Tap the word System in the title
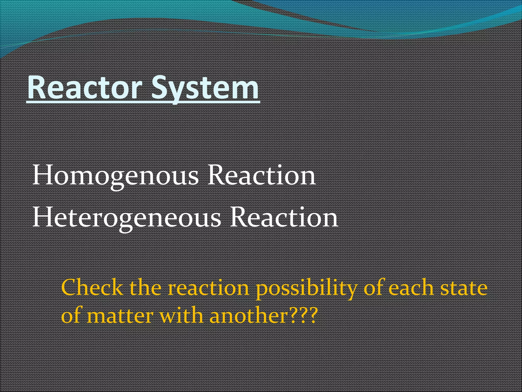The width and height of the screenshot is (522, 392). click(x=205, y=88)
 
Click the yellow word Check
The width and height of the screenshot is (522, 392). click(x=92, y=288)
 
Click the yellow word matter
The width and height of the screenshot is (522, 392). click(x=120, y=316)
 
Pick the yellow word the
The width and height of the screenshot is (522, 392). click(x=146, y=288)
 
